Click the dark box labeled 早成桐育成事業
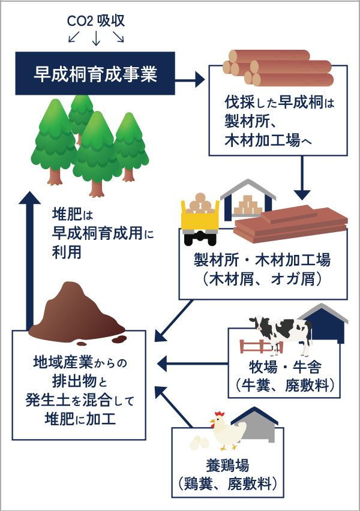[x=95, y=74]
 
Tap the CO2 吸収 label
[x=95, y=22]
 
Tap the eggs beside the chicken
[x=200, y=443]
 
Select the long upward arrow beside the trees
[x=28, y=258]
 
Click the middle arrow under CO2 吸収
[x=95, y=38]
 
